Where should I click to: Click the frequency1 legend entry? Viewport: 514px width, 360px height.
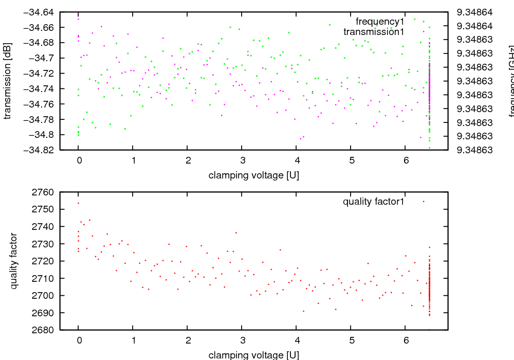click(380, 22)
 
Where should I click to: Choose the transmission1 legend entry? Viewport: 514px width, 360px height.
click(374, 32)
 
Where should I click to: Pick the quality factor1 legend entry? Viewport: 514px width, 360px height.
click(374, 202)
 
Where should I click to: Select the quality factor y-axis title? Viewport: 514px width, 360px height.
click(14, 261)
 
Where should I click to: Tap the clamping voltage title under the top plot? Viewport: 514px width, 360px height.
click(254, 175)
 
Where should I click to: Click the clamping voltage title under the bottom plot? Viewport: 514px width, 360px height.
click(254, 355)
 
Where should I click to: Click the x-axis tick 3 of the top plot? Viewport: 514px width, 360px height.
click(242, 160)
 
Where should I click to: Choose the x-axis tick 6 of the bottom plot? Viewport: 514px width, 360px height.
click(406, 340)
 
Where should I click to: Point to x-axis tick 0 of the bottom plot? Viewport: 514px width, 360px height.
click(79, 340)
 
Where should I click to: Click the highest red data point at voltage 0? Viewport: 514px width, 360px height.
click(79, 203)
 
